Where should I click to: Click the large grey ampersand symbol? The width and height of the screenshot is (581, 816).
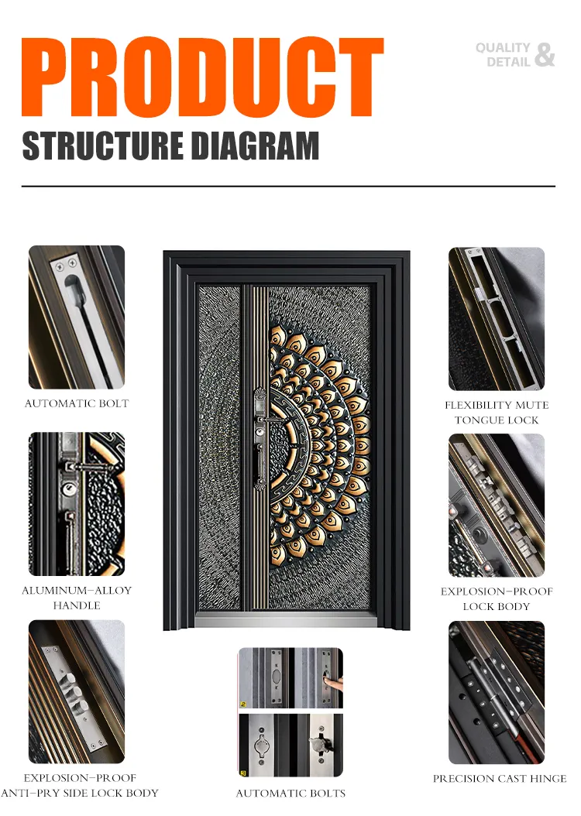(545, 54)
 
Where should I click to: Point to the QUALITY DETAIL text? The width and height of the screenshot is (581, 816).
(504, 55)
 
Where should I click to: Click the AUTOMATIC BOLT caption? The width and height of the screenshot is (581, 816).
(77, 403)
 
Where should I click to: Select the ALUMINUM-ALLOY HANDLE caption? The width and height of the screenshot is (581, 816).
(77, 598)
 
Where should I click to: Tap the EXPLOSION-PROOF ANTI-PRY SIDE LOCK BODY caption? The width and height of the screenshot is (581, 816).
(80, 785)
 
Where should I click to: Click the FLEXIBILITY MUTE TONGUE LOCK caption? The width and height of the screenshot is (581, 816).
(497, 412)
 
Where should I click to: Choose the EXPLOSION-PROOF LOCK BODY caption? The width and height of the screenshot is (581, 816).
(497, 598)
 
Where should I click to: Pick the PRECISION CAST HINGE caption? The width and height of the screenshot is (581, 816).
(500, 778)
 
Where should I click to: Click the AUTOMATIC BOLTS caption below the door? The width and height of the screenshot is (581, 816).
(290, 793)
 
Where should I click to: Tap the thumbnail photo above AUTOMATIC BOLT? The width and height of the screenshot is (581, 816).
(77, 317)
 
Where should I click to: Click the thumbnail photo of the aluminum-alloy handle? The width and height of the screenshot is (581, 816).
(77, 504)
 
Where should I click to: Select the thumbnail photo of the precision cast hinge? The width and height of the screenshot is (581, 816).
(497, 692)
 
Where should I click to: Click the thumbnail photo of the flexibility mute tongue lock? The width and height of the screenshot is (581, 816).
(497, 318)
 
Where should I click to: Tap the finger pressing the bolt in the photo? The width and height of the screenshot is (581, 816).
(332, 683)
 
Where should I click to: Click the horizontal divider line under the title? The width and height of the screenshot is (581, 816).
(288, 187)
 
